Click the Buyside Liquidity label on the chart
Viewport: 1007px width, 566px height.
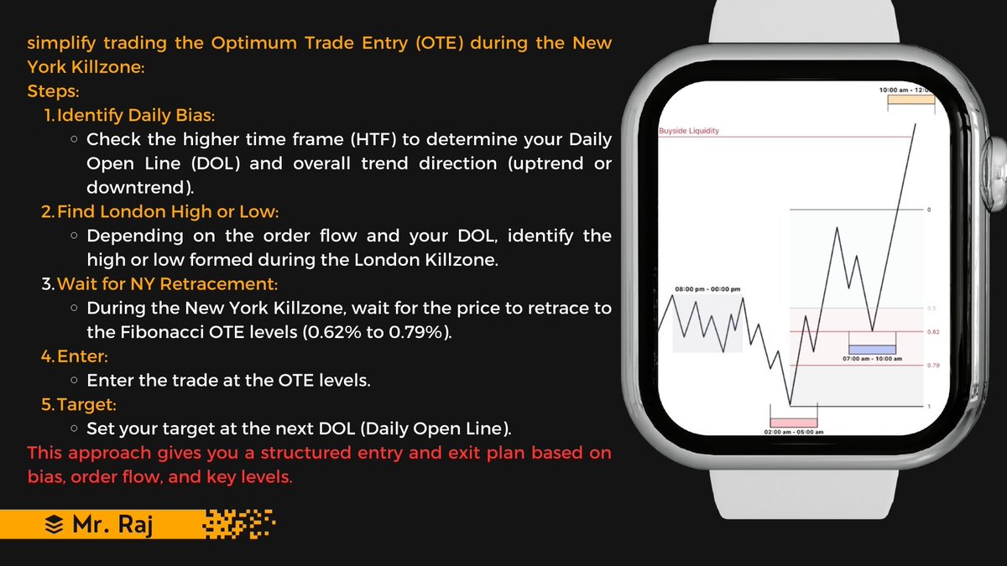[689, 131]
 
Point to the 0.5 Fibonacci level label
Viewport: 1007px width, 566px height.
[931, 309]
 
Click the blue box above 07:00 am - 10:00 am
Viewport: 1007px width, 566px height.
[872, 348]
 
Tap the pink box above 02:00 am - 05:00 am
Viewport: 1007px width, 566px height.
[793, 423]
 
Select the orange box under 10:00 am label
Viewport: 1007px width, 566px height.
[911, 99]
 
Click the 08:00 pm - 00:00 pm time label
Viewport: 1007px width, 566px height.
[707, 289]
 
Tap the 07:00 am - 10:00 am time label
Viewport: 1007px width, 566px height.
[873, 359]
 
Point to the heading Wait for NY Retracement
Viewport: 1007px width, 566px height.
[167, 283]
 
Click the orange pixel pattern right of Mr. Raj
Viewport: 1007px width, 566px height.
[240, 524]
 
